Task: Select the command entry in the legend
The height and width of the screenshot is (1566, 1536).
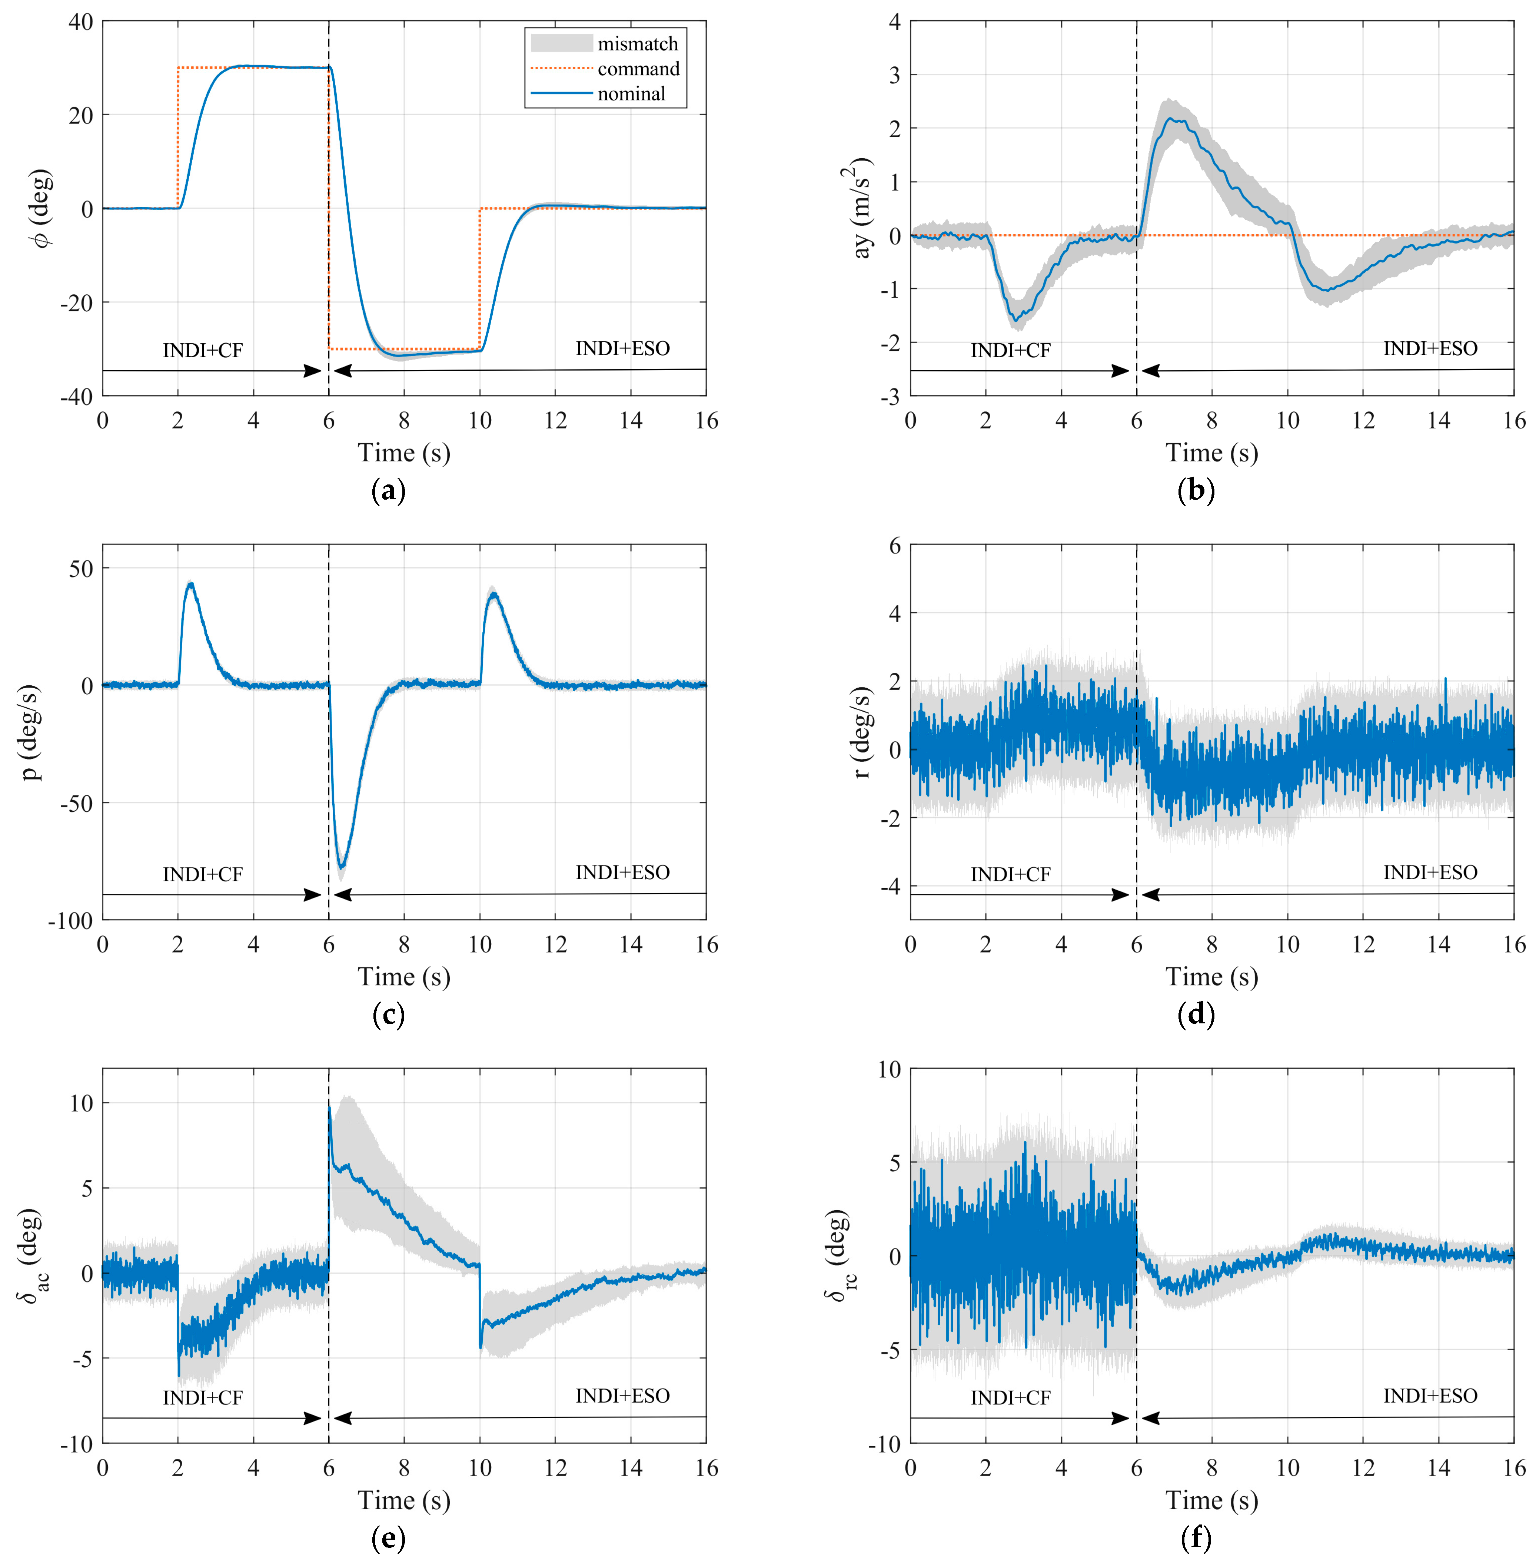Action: (637, 69)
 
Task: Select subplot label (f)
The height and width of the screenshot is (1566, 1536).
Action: (1196, 1538)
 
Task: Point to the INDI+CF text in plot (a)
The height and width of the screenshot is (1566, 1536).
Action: (203, 350)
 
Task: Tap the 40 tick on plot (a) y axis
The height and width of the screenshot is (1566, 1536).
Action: (81, 22)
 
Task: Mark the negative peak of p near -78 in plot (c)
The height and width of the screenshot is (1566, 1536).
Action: (341, 866)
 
